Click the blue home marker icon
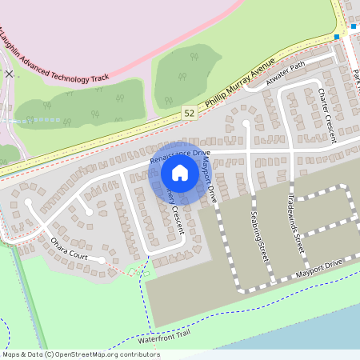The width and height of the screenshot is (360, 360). tap(179, 172)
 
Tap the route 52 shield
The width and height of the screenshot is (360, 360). tap(188, 114)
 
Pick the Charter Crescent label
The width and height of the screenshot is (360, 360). tap(326, 116)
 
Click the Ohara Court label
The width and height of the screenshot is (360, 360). tap(78, 248)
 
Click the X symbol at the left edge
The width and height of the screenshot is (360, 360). tap(9, 73)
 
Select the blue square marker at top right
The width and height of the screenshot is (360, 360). tap(337, 37)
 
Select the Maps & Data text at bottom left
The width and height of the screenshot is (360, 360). tap(22, 354)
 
